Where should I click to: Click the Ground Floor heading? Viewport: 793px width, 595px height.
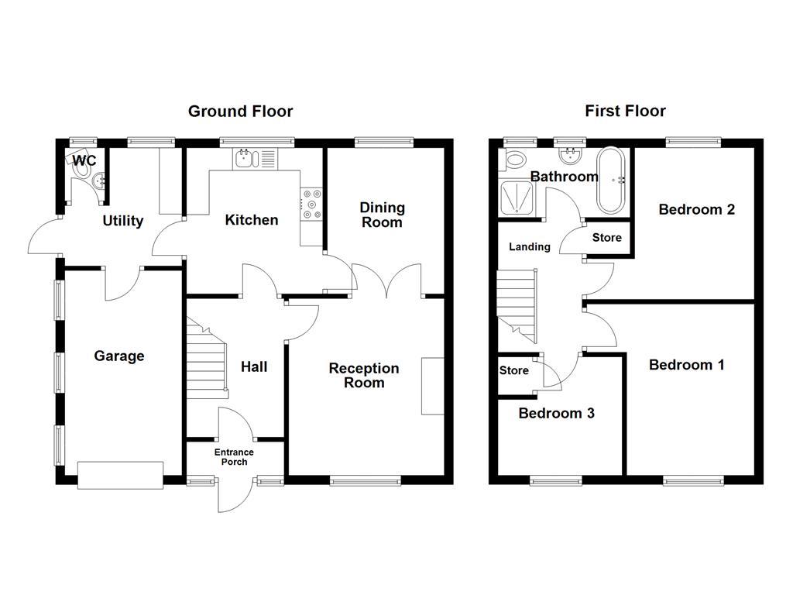point(240,112)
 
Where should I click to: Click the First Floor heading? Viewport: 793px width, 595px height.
point(625,112)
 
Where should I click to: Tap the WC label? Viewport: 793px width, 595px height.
point(85,160)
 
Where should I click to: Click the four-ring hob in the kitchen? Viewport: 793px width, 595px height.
point(312,204)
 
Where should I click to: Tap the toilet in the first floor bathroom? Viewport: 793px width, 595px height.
point(514,160)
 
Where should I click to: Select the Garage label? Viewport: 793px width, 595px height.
point(119,356)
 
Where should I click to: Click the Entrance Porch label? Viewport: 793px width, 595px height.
point(234,457)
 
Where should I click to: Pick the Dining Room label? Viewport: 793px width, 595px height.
point(383,215)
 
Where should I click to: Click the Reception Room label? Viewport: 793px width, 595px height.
point(364,375)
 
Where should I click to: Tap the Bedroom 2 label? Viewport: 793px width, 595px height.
point(696,209)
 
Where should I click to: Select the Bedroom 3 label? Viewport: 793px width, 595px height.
point(556,413)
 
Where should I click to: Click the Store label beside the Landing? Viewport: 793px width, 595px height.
point(606,238)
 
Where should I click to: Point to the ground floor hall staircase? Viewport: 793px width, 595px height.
point(207,360)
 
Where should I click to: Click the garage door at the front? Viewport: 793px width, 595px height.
point(120,475)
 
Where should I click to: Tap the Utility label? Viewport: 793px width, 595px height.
point(123,221)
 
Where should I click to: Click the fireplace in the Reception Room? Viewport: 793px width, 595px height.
point(433,386)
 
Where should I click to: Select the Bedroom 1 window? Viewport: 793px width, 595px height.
point(693,480)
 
